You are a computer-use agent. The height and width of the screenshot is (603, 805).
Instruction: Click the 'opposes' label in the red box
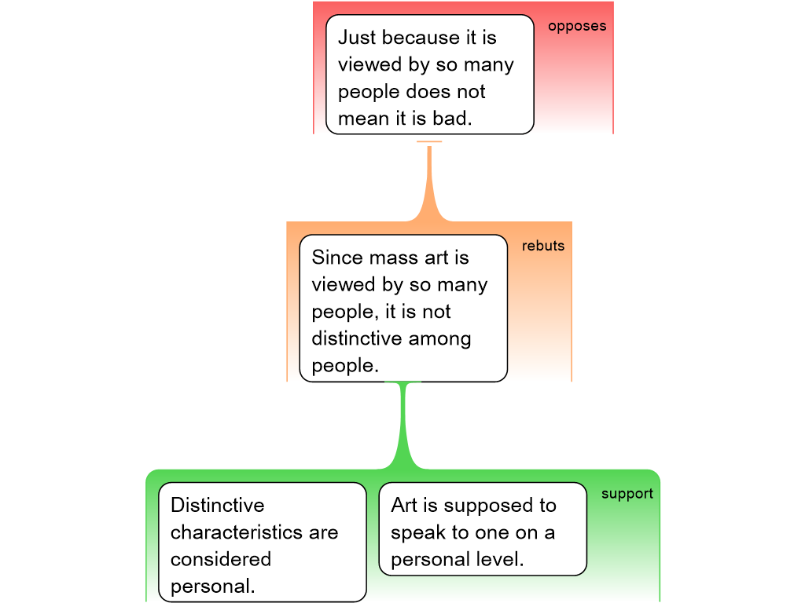coord(577,26)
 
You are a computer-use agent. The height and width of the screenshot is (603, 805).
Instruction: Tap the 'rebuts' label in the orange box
coord(543,246)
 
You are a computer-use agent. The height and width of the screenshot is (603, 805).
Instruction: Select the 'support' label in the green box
coord(627,494)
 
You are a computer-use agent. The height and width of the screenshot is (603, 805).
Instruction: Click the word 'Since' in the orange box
coord(337,258)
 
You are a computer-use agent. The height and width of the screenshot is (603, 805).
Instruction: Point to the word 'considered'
coord(221,559)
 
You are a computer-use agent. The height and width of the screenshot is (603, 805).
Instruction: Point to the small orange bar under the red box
coord(429,141)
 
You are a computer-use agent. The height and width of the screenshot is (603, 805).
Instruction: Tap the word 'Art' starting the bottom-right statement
coord(405,505)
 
